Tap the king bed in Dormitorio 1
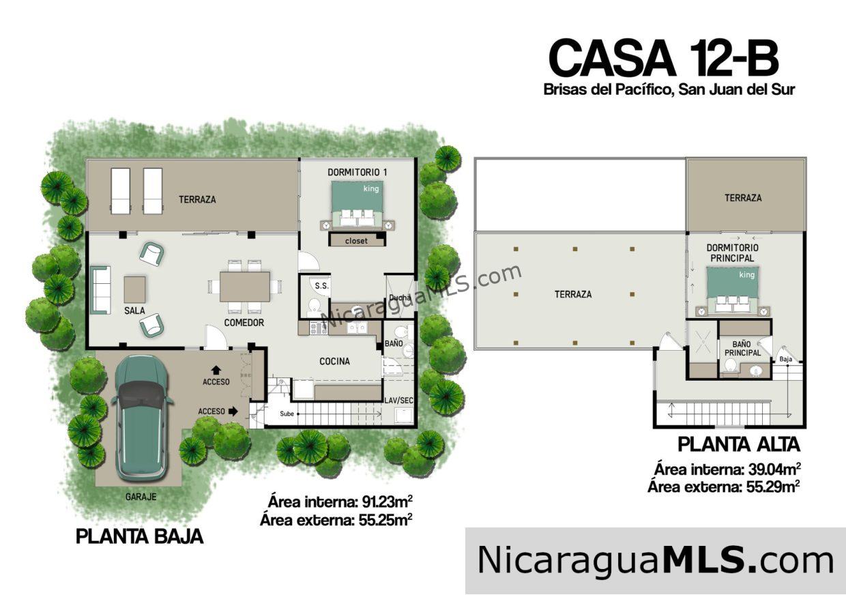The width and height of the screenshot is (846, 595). [x=357, y=203]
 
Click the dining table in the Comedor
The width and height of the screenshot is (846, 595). [x=245, y=287]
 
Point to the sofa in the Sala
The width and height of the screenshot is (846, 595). [x=101, y=290]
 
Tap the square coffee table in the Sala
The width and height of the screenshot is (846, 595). [x=134, y=289]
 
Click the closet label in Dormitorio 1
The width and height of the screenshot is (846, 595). [x=356, y=240]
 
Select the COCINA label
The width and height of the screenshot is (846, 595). [x=334, y=362]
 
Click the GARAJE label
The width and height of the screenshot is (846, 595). [x=141, y=497]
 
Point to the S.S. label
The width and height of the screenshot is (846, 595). [x=321, y=286]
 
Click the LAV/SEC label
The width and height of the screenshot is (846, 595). [x=398, y=401]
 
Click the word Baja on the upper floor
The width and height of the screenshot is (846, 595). [x=786, y=359]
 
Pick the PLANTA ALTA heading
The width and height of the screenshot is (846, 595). [x=738, y=444]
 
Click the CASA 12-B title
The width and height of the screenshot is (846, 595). [x=663, y=58]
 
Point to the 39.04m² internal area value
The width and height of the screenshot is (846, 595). [x=772, y=469]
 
